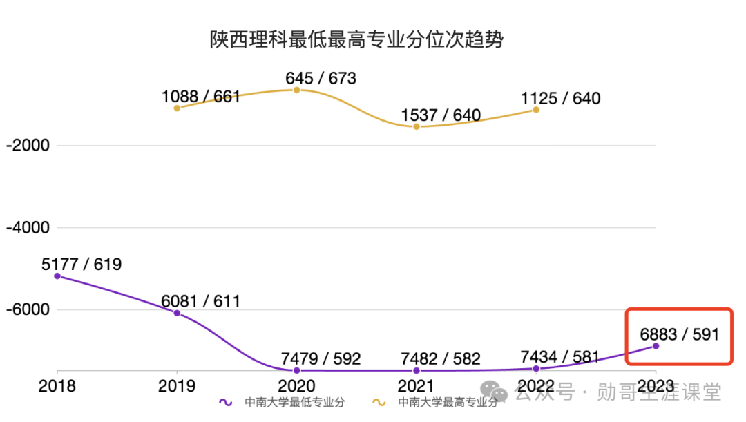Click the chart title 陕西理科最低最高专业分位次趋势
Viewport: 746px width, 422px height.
[356, 39]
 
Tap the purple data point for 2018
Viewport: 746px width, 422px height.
[57, 276]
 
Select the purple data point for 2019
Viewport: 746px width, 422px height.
[177, 313]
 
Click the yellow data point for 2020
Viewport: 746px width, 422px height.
[297, 90]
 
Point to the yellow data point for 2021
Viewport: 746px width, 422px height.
[417, 126]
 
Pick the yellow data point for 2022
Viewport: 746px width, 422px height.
[536, 109]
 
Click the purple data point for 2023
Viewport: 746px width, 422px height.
[656, 345]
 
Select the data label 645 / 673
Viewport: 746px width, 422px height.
[321, 78]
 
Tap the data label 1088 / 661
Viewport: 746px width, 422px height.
[201, 96]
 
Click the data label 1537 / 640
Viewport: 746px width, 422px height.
[441, 115]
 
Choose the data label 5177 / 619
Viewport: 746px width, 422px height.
[82, 264]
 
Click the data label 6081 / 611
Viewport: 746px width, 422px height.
[201, 301]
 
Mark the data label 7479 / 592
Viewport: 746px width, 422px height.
[321, 359]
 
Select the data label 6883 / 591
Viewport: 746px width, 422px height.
[680, 334]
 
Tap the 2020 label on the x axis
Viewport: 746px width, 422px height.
[297, 385]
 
